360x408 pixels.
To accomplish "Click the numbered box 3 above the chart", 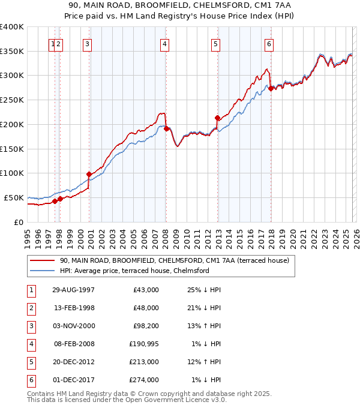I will coord(88,43).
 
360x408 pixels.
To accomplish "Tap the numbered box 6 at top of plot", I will coord(269,43).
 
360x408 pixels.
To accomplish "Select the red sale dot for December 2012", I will coord(218,118).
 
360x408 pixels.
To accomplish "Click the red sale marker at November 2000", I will coord(89,174).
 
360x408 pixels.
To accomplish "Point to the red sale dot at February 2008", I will coord(166,128).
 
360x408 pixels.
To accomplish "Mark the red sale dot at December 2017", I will coord(271,88).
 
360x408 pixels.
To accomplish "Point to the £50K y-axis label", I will coord(14,197).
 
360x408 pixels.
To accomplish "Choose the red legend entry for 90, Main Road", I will coord(174,260).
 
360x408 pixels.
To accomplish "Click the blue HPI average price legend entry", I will coord(134,271).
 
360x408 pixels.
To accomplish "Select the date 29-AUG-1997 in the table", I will coord(74,290).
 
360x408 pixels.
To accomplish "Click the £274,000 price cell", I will coord(142,380).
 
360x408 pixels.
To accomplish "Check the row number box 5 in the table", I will coord(31,362).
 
